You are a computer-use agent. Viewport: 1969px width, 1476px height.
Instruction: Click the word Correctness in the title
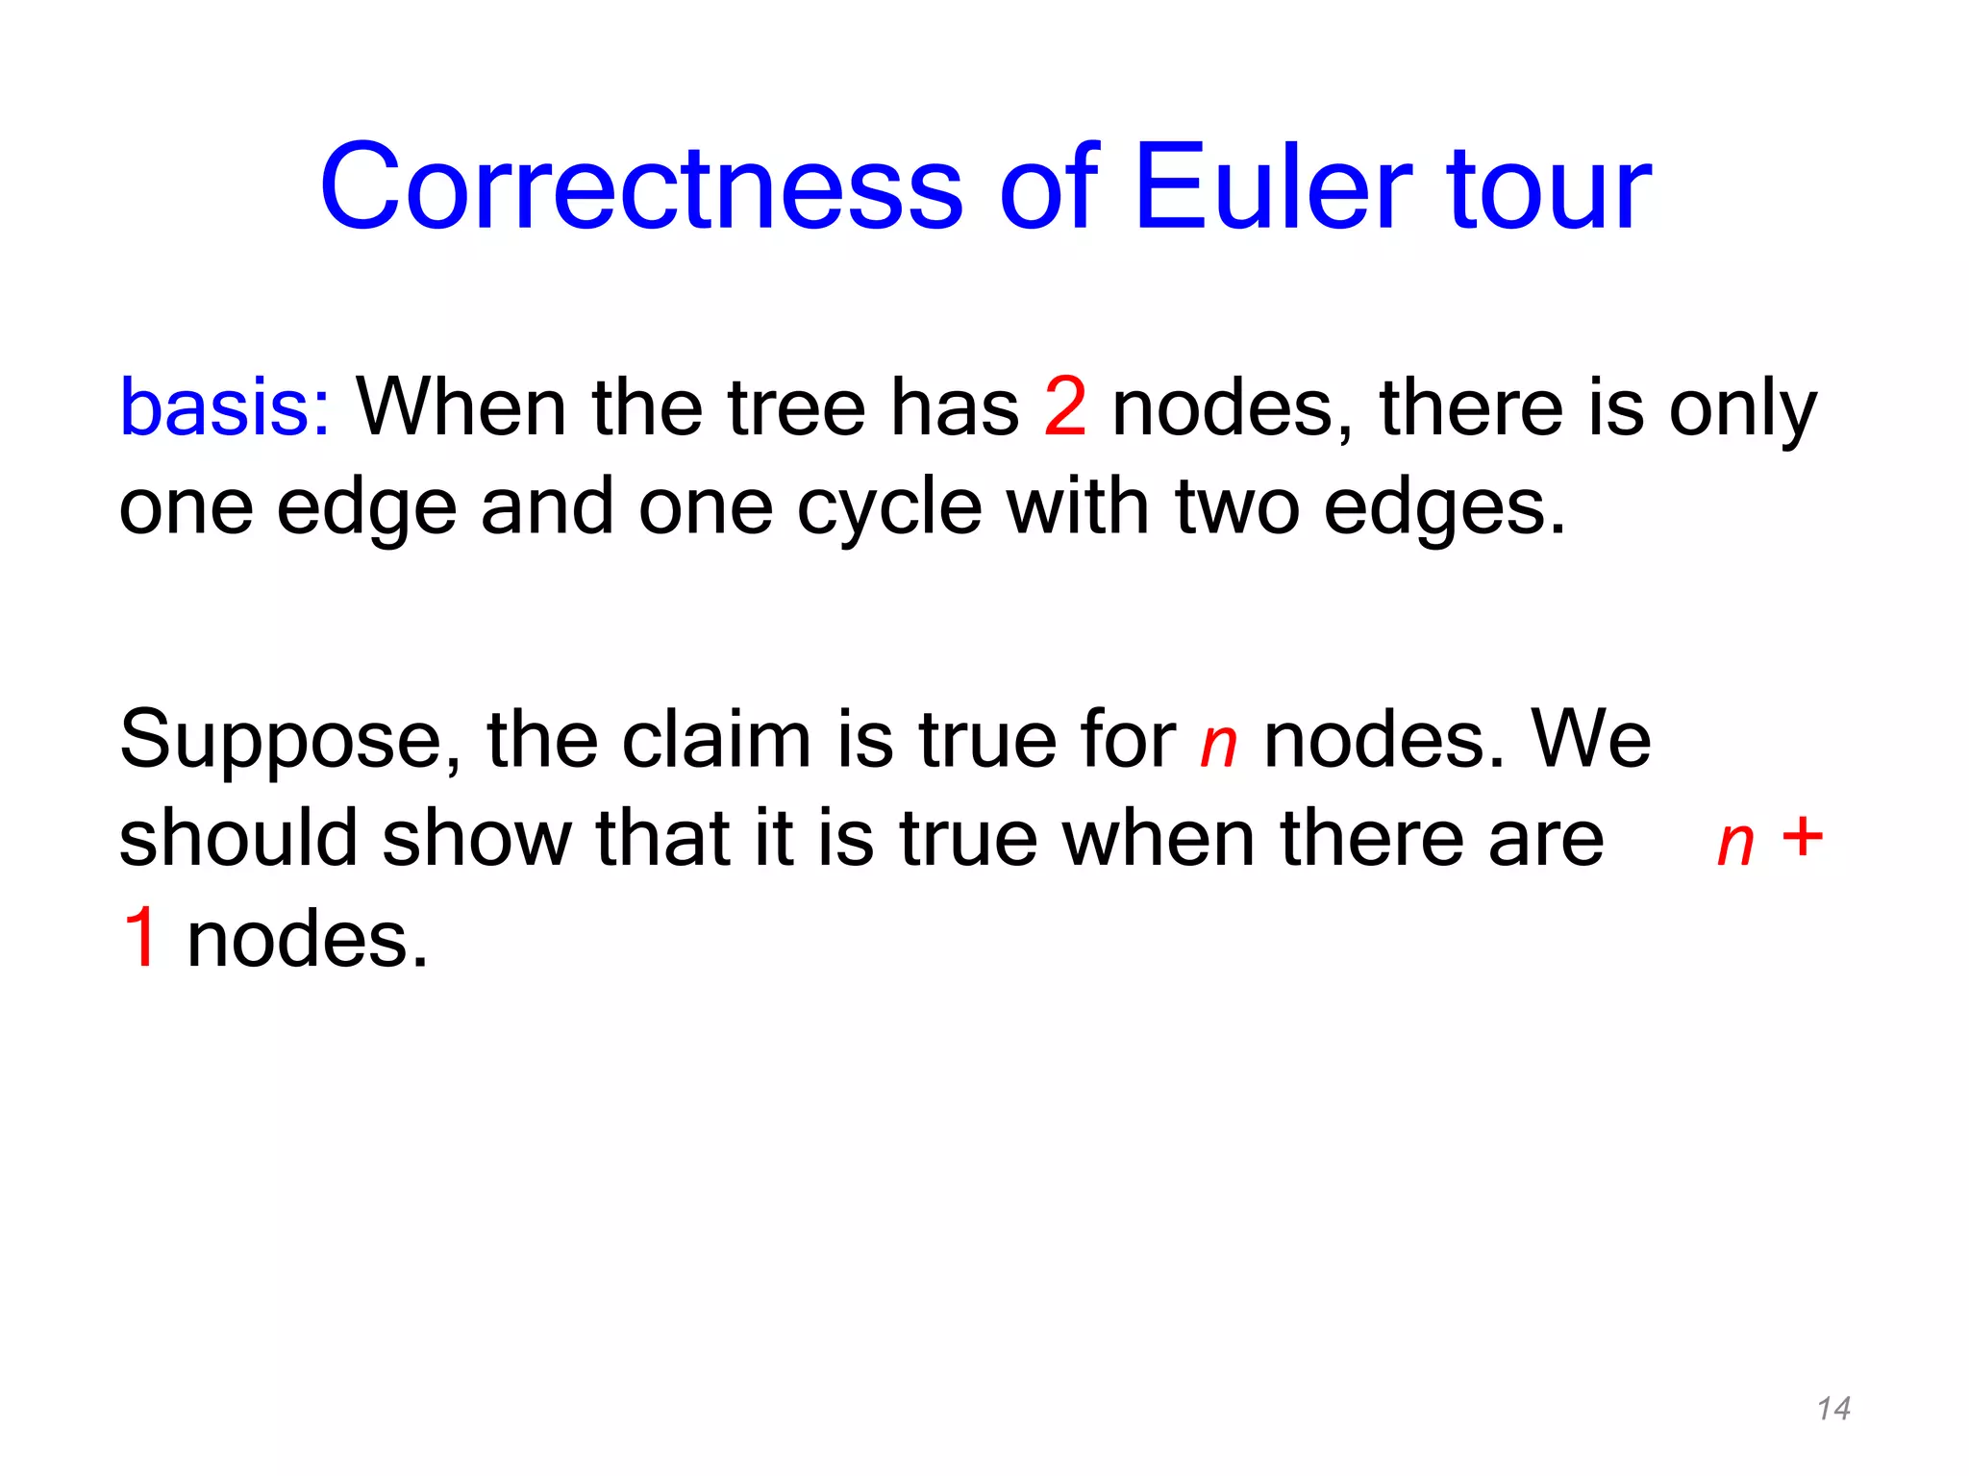coord(641,187)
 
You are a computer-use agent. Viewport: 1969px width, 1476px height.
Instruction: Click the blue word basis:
coord(225,407)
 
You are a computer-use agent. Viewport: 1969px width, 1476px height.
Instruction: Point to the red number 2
coord(1065,407)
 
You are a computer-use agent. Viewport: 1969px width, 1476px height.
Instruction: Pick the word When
coord(461,407)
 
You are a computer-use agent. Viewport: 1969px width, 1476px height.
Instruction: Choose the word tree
coord(797,407)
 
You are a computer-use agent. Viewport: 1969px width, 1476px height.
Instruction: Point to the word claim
coord(716,740)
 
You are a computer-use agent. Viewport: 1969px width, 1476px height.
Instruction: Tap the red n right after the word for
coord(1218,745)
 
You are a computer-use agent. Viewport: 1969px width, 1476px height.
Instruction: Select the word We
coord(1591,740)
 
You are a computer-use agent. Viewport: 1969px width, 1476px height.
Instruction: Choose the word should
coord(238,839)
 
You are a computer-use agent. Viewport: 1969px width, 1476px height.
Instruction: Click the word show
coord(477,839)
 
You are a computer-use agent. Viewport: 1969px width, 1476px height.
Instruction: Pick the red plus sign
coord(1802,836)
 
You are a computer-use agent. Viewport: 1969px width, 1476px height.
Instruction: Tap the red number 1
coord(140,938)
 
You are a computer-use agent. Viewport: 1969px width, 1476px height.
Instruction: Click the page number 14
coord(1833,1409)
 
